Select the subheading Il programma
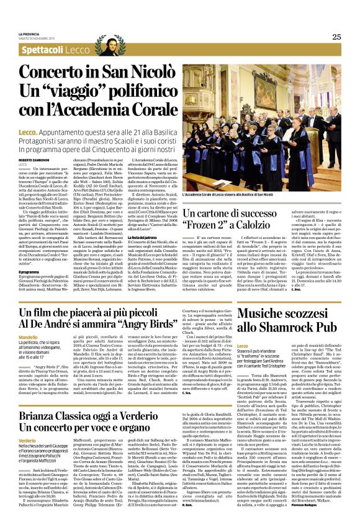[x=29, y=271]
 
